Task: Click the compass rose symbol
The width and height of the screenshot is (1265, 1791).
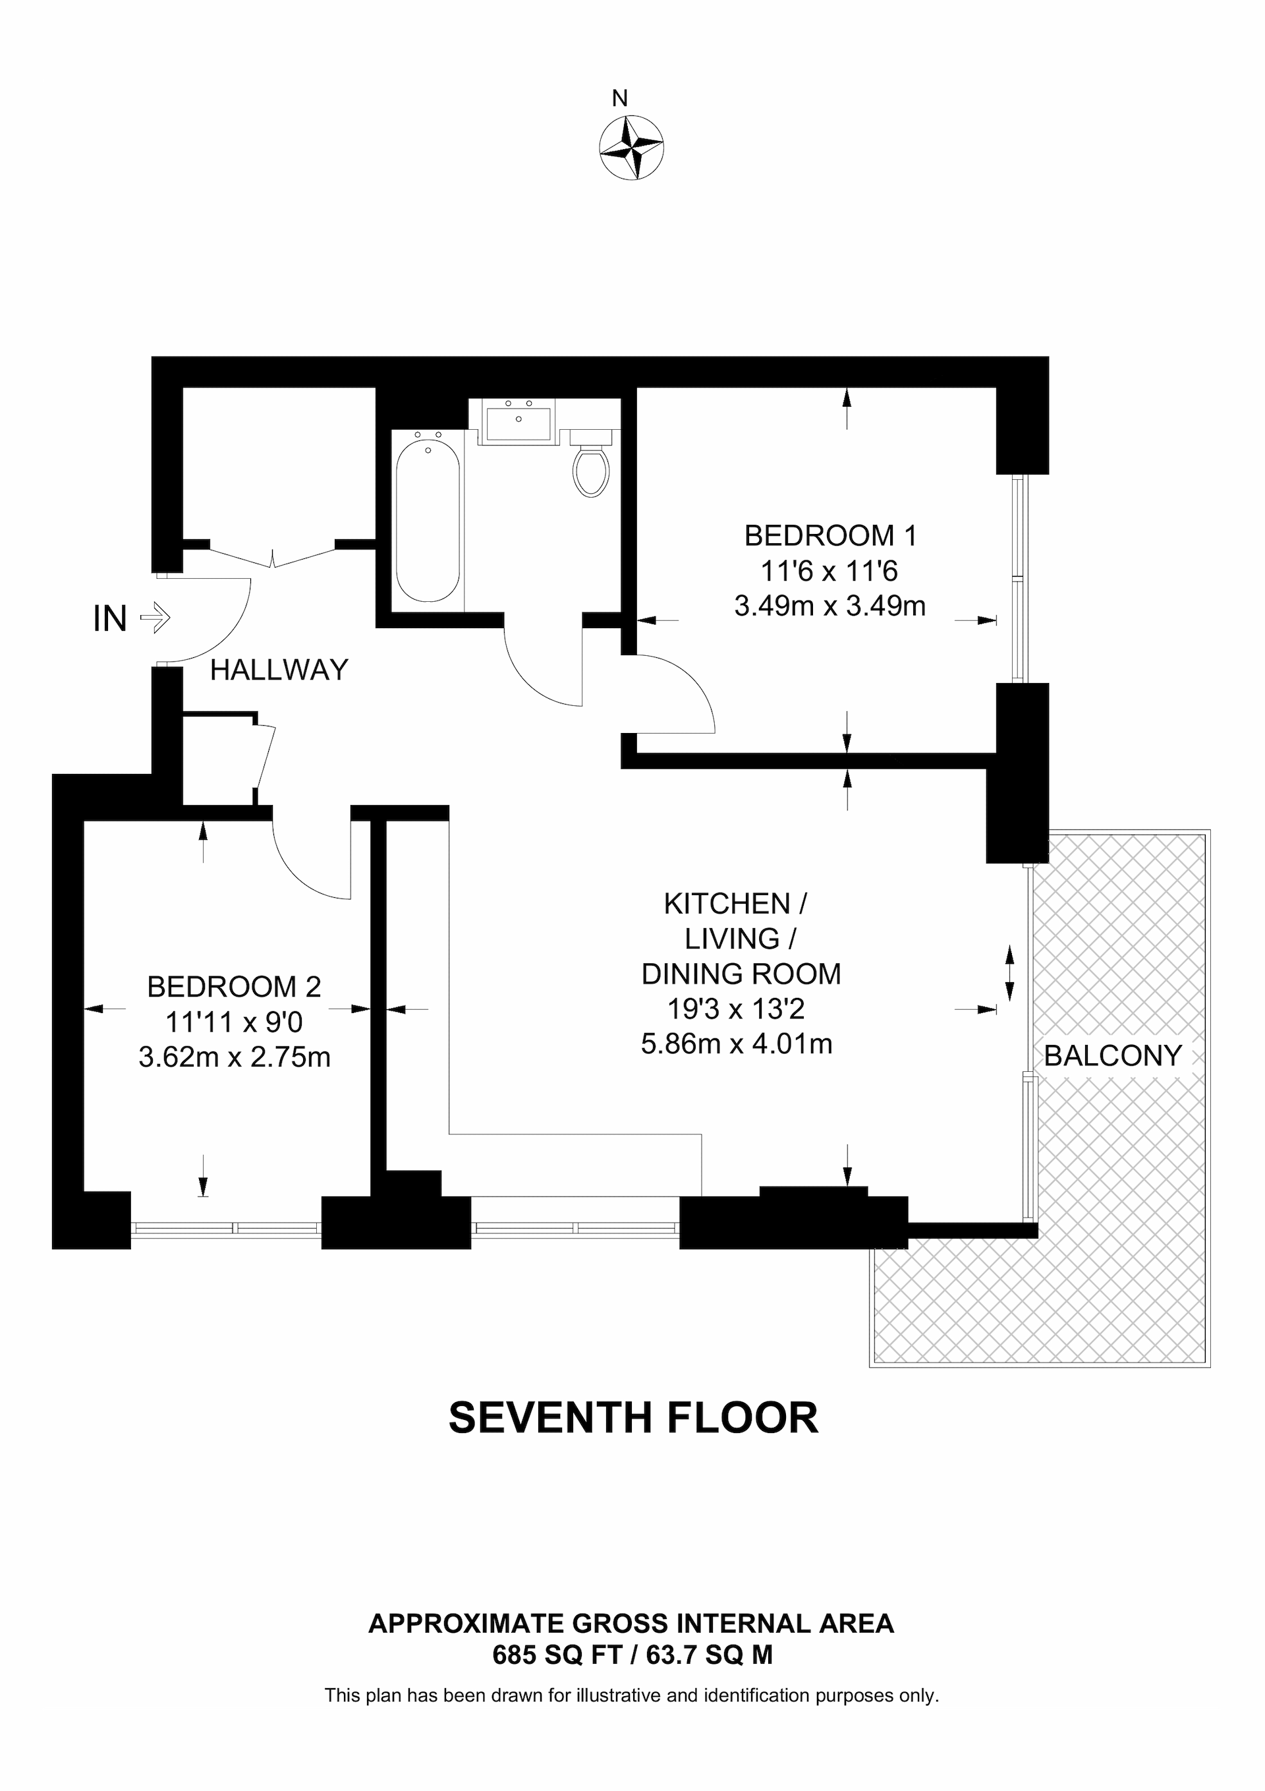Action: [x=631, y=148]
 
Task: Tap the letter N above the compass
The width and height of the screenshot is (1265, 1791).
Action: [x=619, y=99]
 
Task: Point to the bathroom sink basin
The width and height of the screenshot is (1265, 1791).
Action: [x=518, y=423]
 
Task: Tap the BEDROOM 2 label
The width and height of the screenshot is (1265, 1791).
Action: [x=234, y=987]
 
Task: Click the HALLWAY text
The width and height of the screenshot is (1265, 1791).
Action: [x=279, y=670]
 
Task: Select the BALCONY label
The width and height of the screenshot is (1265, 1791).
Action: [x=1113, y=1056]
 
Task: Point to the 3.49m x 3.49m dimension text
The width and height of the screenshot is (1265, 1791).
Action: [x=829, y=606]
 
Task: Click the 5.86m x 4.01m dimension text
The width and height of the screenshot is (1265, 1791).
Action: [x=736, y=1043]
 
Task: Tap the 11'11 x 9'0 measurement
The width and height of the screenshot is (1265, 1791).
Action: [x=234, y=1022]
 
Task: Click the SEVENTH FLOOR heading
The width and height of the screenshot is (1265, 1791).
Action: [x=632, y=1418]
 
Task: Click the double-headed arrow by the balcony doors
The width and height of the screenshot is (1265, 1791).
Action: [x=1009, y=973]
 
